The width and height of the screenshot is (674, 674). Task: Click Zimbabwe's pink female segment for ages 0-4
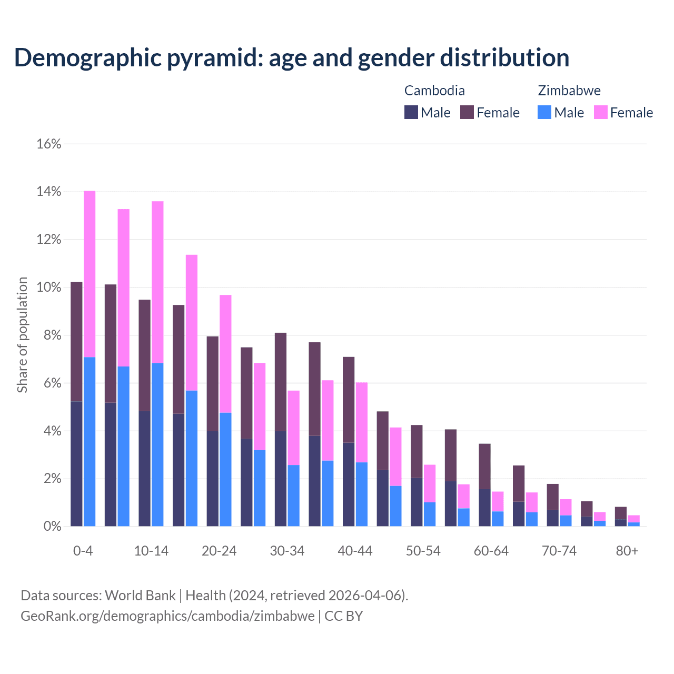[90, 274]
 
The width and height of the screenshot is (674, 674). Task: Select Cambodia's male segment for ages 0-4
[76, 463]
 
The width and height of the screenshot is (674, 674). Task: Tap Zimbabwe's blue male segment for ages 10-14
[157, 445]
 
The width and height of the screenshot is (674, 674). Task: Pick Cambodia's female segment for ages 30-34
[281, 382]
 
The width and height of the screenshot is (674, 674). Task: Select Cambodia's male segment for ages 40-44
[349, 484]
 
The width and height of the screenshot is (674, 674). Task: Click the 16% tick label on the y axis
[49, 144]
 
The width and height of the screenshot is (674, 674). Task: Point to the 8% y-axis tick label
[52, 335]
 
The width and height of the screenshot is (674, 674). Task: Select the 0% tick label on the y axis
[52, 527]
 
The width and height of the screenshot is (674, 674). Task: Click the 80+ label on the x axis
[627, 551]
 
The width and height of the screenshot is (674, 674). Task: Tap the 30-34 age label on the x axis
[287, 551]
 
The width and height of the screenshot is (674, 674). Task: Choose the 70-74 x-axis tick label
[559, 551]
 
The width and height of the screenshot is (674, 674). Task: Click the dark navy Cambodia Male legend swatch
[411, 112]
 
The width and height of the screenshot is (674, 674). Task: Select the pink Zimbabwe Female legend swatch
[601, 112]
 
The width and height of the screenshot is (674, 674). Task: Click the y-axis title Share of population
[23, 335]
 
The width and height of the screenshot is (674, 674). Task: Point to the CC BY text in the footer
[343, 616]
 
